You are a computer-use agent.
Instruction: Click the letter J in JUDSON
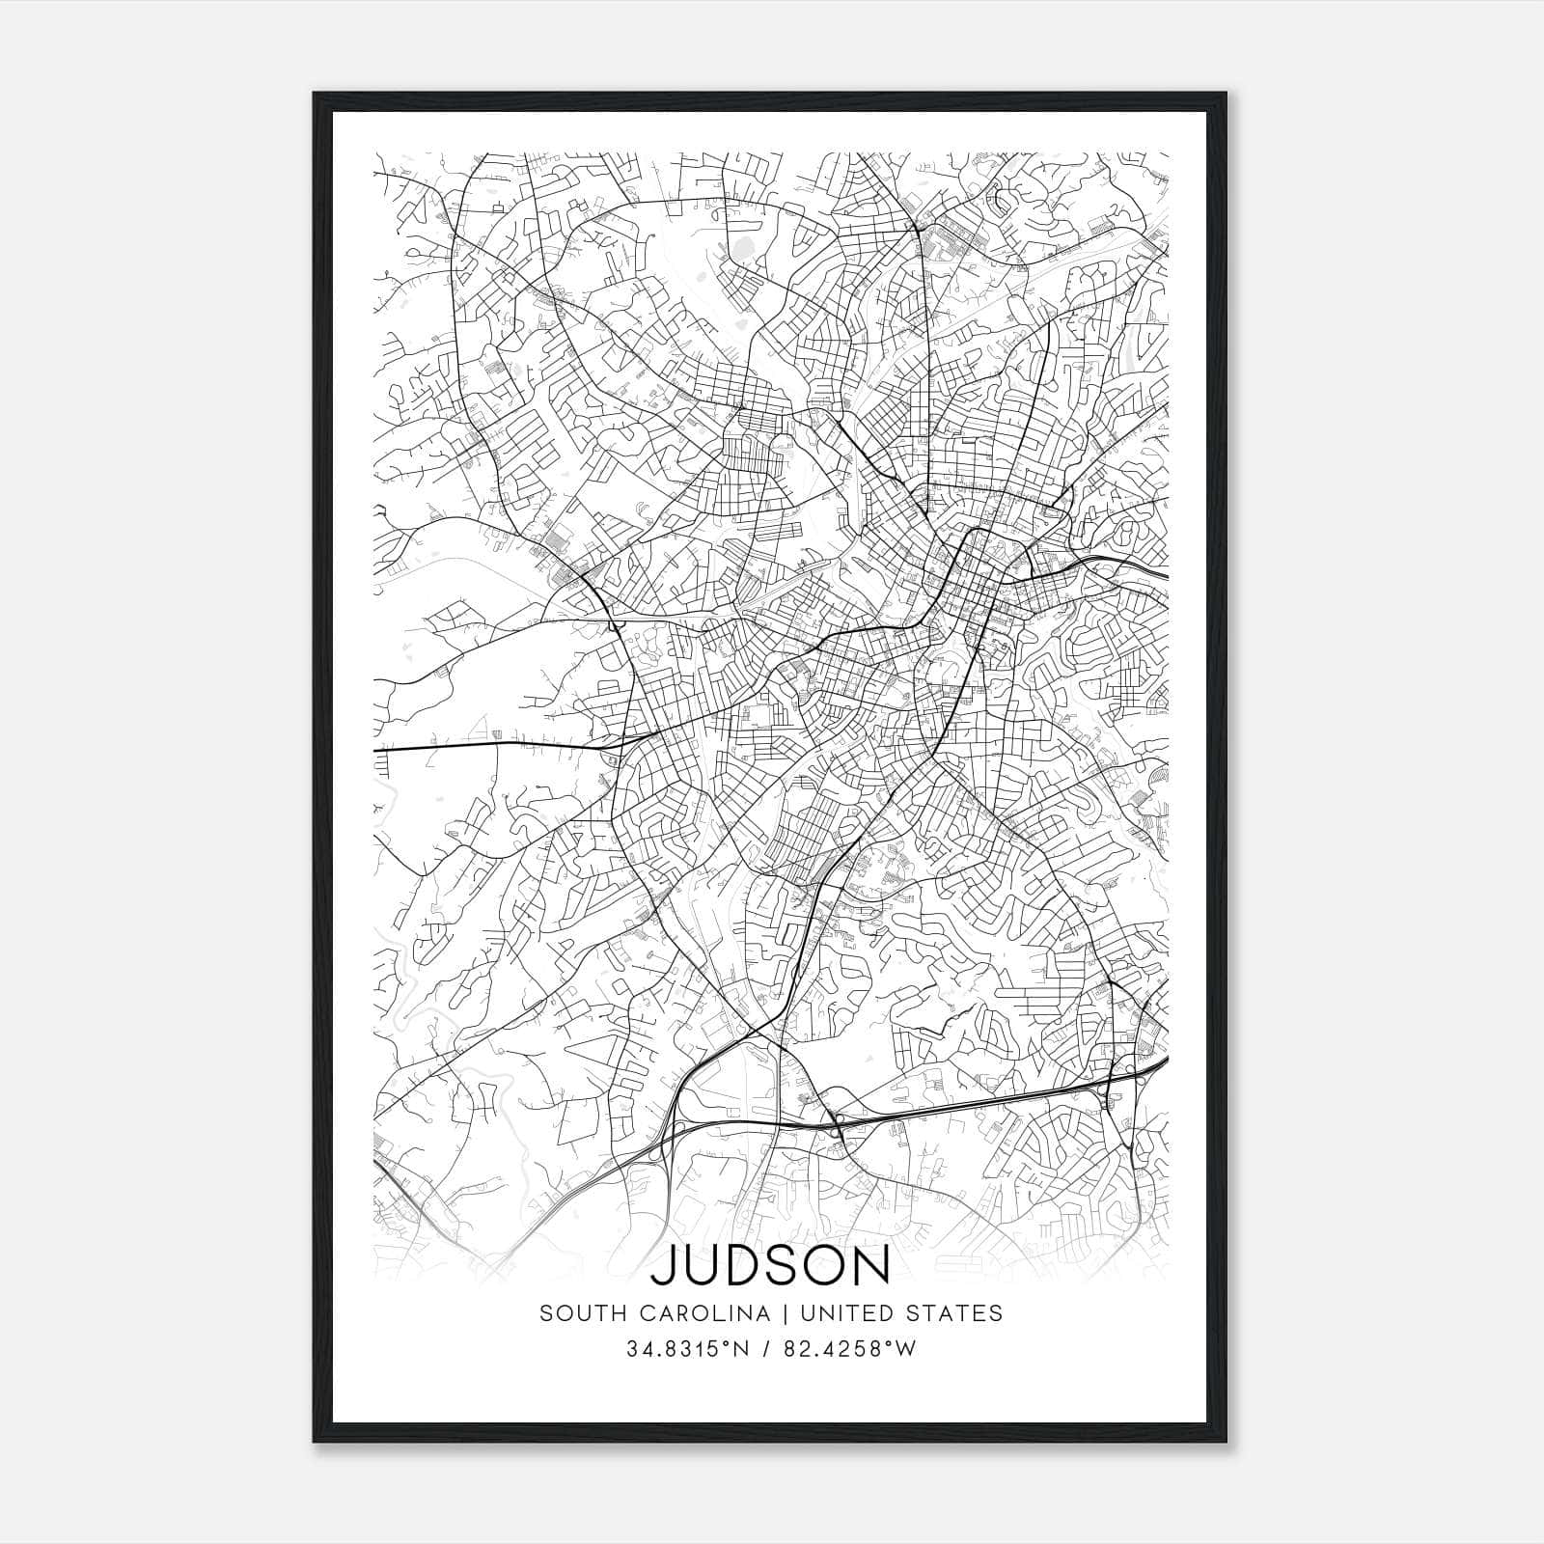coord(664,1267)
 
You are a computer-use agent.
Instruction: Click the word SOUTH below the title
coord(577,1313)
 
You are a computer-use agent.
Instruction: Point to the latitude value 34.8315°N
coord(687,1349)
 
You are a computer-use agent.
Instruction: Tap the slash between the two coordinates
coord(769,1349)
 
